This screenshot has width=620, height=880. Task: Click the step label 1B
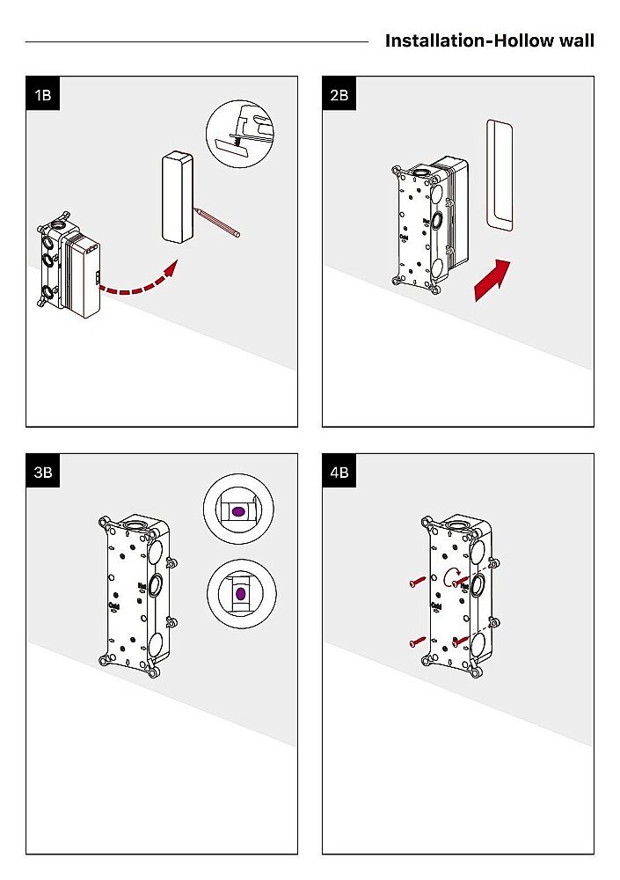click(42, 94)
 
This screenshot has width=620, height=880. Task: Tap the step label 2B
click(339, 94)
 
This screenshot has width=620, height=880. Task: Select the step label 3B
click(42, 472)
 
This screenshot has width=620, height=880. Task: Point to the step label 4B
click(339, 472)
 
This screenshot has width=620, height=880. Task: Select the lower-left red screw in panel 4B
click(417, 642)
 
